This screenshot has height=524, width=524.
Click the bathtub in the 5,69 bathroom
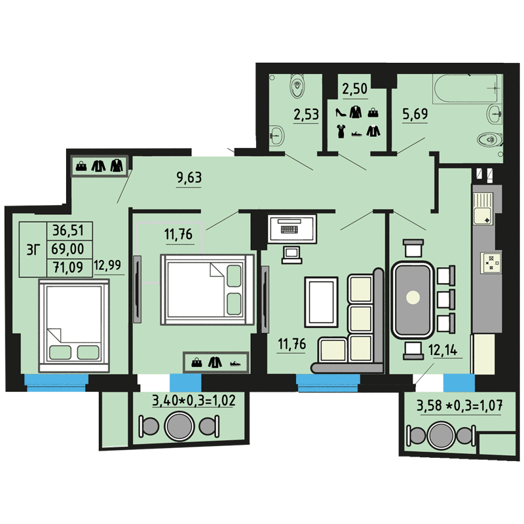click(467, 88)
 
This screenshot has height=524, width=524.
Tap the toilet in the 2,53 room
click(297, 86)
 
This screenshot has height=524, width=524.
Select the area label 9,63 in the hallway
click(189, 178)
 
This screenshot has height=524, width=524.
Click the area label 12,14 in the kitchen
click(443, 350)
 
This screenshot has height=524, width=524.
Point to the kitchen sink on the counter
click(482, 208)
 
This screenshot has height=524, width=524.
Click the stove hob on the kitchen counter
click(491, 263)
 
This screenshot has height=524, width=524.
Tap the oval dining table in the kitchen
click(413, 299)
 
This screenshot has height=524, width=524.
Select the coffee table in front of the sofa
click(321, 302)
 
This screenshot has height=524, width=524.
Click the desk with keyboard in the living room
click(291, 229)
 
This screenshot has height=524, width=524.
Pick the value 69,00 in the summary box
click(68, 249)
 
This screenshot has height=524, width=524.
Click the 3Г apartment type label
click(33, 250)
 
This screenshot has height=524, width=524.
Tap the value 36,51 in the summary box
click(68, 231)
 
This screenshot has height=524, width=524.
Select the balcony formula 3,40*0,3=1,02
click(194, 400)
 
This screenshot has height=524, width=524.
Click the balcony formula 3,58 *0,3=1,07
click(460, 405)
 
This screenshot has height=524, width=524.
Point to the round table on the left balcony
click(179, 426)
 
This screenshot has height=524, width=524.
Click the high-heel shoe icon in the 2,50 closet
click(341, 112)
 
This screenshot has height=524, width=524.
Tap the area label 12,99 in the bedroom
click(107, 265)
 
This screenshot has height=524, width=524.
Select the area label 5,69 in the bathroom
click(415, 114)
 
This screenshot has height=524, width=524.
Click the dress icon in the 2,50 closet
click(341, 131)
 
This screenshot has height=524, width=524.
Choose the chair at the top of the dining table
click(413, 248)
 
